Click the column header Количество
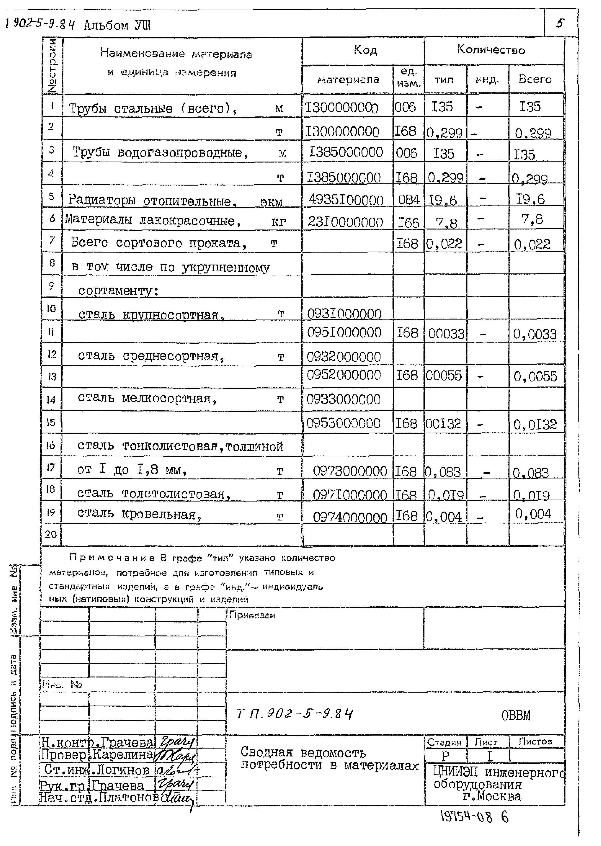coord(491,49)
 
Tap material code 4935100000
coord(346,200)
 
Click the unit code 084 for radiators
coord(409,200)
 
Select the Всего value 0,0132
coord(535,424)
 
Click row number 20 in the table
coord(51,534)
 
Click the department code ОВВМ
coord(515,715)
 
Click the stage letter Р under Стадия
coord(445,756)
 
